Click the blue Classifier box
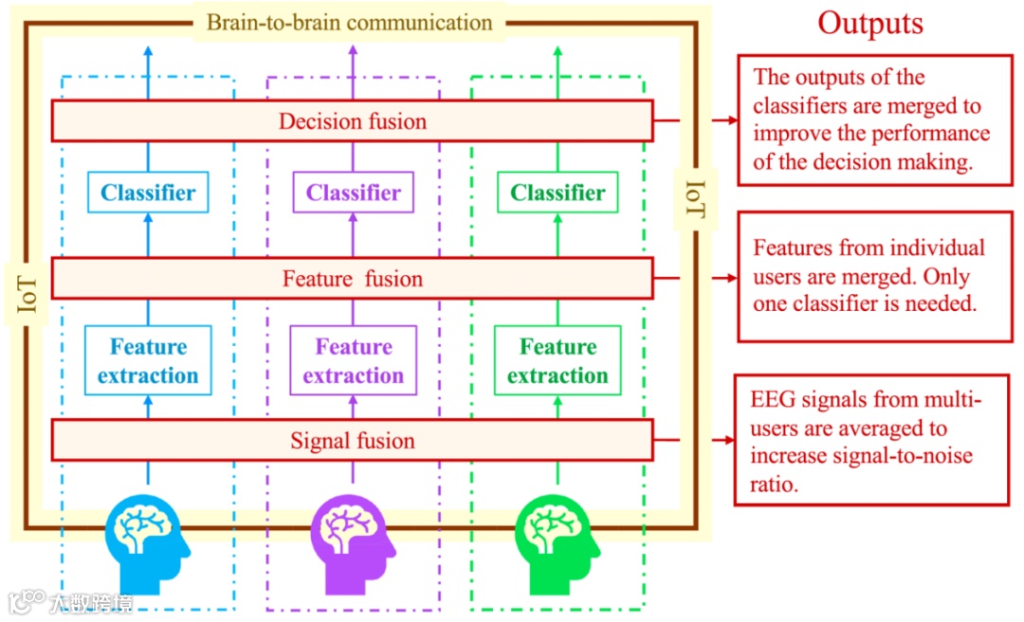148,192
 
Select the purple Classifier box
353,192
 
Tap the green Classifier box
558,192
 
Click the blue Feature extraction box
148,360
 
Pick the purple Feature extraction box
353,360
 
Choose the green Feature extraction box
558,360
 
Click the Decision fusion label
352,121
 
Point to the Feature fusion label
352,279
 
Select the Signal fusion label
352,441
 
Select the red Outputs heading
870,24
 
